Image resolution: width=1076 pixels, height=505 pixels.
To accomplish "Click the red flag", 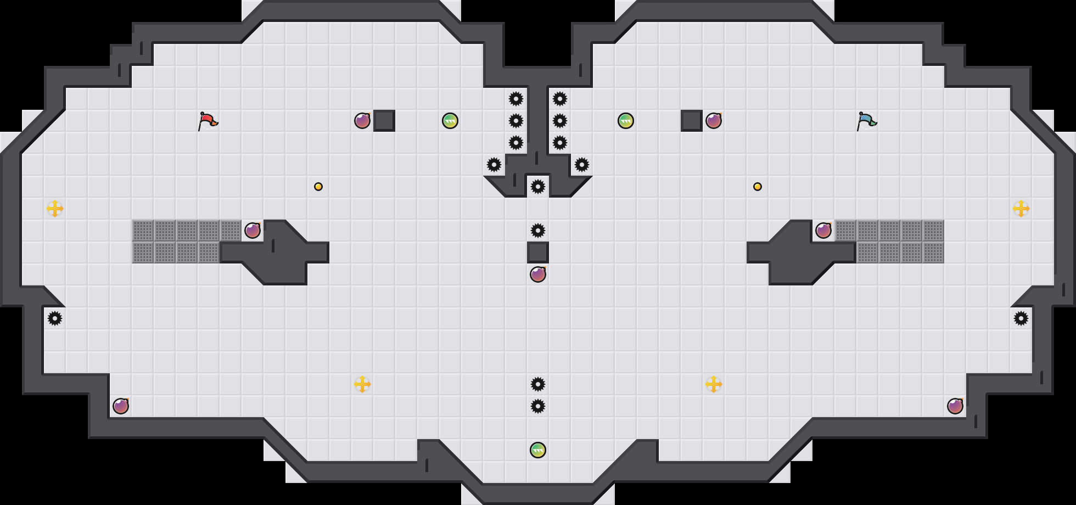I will click(208, 121).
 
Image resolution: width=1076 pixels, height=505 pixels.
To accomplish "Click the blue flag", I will click(866, 121).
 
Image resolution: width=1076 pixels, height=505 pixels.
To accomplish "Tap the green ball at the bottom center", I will click(538, 450).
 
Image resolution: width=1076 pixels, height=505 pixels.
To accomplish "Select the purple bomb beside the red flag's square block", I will click(362, 121).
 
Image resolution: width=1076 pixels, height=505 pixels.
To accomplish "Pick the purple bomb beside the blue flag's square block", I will click(714, 121).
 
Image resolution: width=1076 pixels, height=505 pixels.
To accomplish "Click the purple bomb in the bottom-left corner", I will click(121, 406).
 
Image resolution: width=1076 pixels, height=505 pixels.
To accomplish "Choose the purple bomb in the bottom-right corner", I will click(955, 406).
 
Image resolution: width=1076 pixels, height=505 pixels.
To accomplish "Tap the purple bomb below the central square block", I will click(538, 274).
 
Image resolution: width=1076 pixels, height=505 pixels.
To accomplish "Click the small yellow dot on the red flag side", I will click(318, 187).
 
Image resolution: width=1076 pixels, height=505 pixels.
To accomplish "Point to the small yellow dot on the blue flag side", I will click(758, 187).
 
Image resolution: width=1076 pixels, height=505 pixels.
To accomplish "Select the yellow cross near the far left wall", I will click(55, 209).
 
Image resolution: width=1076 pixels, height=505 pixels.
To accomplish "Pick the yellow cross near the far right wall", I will click(1021, 209).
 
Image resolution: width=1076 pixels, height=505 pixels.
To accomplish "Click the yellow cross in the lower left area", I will click(362, 384).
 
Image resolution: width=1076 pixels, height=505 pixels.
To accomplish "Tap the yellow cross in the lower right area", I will click(714, 384).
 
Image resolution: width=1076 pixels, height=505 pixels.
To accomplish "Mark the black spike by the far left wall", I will click(55, 318).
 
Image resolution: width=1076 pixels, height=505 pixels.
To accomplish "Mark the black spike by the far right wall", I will click(1021, 318).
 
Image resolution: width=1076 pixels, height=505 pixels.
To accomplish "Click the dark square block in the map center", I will click(538, 252).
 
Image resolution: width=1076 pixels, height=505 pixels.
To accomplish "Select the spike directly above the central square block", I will click(538, 231).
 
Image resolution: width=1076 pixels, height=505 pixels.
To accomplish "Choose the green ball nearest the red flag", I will click(450, 121).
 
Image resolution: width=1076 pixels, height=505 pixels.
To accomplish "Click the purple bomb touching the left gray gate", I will click(253, 231).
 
